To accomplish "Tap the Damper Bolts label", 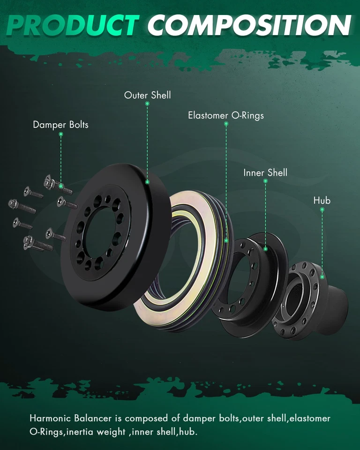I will point(60,125).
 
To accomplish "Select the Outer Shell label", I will point(147,95).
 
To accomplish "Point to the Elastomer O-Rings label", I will point(226,115).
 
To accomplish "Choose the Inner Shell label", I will point(265,172).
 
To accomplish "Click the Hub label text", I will point(322,201).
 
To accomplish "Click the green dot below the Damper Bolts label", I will point(60,135).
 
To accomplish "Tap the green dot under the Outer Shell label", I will point(147,104).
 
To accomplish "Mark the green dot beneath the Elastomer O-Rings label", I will point(226,124).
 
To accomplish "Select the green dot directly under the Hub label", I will point(322,210).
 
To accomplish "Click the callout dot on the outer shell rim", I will point(147,182).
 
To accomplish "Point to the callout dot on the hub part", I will point(322,277).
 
